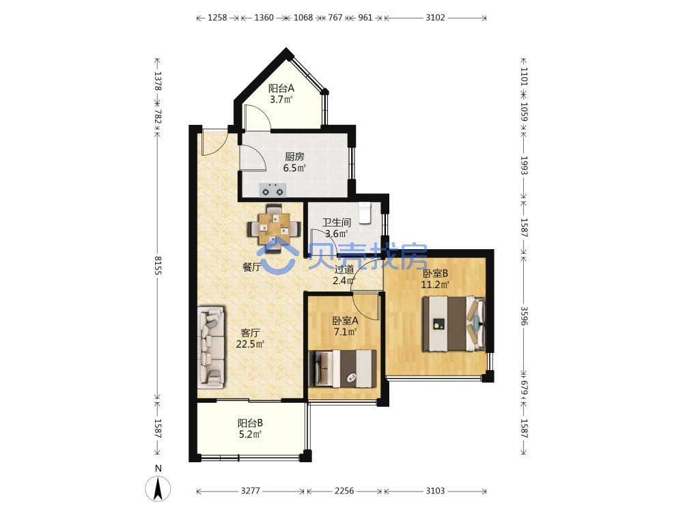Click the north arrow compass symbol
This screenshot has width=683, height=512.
pos(158,488)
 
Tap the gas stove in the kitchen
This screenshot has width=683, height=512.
pos(273,190)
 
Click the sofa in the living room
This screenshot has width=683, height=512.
pos(211,347)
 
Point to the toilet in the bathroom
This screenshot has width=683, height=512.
pos(364,213)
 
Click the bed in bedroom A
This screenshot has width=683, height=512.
pos(342,369)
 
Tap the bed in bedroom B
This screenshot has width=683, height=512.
pos(454,324)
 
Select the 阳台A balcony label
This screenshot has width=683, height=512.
pos(281,88)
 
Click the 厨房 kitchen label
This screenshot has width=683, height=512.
pos(294,157)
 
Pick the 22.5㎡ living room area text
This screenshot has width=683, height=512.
pos(250,344)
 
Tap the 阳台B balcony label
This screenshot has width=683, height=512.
pos(250,423)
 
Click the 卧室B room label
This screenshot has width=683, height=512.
pos(435,274)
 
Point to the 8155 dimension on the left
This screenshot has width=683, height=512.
pos(158,265)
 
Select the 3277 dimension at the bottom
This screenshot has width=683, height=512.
pos(251,491)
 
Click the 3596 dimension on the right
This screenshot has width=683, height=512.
pos(524,315)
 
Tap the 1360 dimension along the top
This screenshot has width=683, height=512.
pos(264,18)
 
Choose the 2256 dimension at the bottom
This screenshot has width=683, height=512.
pos(344,491)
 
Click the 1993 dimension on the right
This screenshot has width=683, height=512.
pos(524,165)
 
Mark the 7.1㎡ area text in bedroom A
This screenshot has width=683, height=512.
pos(345,332)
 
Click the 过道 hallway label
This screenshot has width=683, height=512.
pos(344,270)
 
